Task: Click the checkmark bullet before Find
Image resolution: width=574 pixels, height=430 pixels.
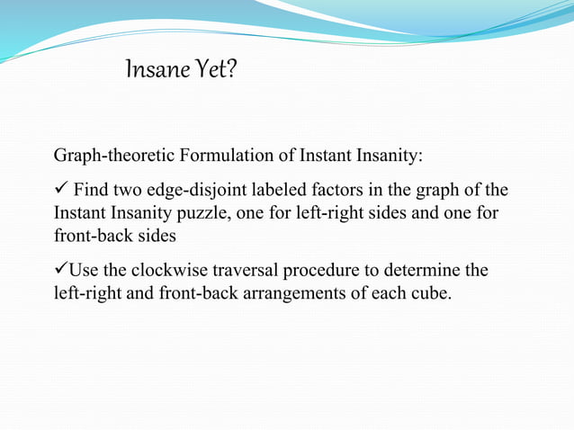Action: pos(60,190)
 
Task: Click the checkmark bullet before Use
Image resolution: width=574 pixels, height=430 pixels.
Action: pos(61,271)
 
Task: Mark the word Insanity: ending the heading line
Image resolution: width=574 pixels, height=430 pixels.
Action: pos(389,156)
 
